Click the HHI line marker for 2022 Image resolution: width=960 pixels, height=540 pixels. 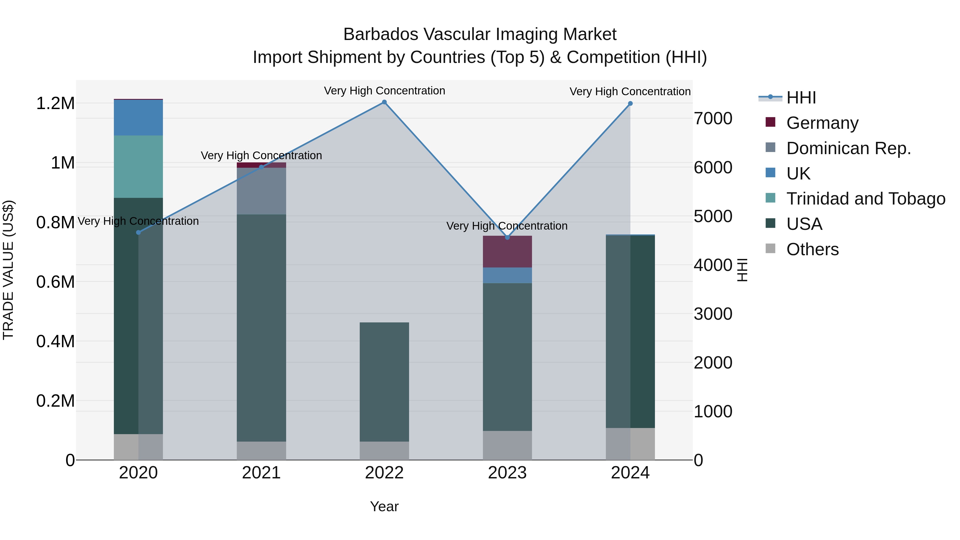384,102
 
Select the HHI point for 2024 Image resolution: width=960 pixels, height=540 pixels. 630,104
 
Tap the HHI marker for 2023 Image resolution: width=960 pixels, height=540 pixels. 507,237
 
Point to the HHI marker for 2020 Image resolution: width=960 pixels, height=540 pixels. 138,233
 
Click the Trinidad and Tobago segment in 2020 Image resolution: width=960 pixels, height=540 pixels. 138,167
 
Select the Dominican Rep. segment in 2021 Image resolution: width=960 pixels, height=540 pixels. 261,191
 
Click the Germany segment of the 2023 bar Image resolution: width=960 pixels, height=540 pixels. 507,251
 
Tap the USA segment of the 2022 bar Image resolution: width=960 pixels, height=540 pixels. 384,382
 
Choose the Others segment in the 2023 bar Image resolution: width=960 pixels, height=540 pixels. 507,445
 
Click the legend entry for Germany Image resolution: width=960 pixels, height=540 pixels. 822,123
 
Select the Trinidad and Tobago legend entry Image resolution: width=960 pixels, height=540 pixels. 865,199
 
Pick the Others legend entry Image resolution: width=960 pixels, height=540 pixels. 813,249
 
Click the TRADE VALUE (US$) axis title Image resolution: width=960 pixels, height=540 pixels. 8,270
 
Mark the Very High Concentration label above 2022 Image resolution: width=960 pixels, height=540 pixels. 384,91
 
